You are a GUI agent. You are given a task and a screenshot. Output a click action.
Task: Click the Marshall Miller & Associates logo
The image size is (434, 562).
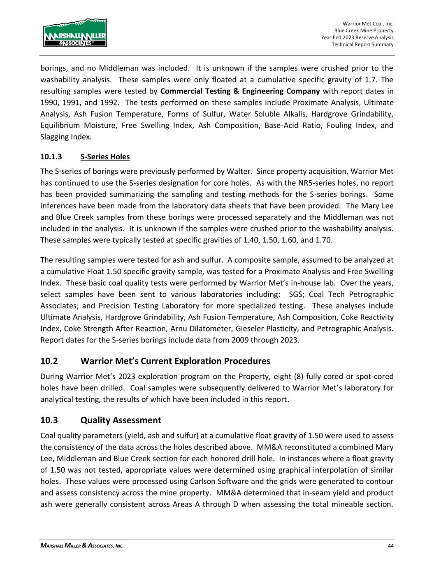coord(75,33)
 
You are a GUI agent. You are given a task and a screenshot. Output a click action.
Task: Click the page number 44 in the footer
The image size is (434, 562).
coord(390,546)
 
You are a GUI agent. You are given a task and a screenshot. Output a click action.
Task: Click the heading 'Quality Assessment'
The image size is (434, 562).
coord(121,420)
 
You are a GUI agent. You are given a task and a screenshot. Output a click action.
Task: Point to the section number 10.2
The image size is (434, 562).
coord(49,361)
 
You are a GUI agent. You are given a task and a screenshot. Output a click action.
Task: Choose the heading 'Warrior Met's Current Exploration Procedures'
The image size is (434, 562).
coord(175,361)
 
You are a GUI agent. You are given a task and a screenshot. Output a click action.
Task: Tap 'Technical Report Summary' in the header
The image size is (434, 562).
coord(362,44)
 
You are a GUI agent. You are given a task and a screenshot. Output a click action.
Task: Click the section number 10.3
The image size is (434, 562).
coord(49,420)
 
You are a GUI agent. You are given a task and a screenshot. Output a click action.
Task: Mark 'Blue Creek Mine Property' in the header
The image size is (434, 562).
coord(364,31)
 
